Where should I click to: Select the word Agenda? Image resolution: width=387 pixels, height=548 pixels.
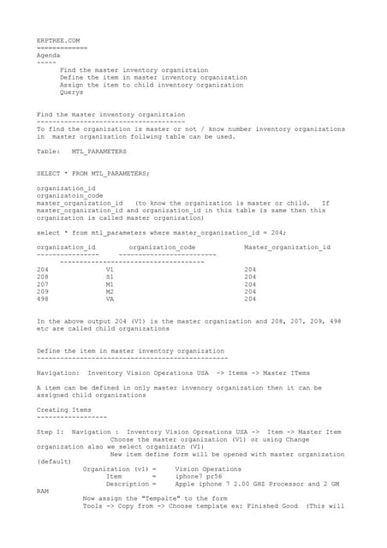coord(49,55)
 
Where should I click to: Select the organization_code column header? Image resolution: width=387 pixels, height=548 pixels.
coord(162,247)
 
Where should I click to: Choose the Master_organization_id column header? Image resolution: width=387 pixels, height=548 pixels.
coord(287,247)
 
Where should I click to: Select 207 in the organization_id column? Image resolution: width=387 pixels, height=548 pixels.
coord(43,284)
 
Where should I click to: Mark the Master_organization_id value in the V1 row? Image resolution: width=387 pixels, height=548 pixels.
coord(250,270)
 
